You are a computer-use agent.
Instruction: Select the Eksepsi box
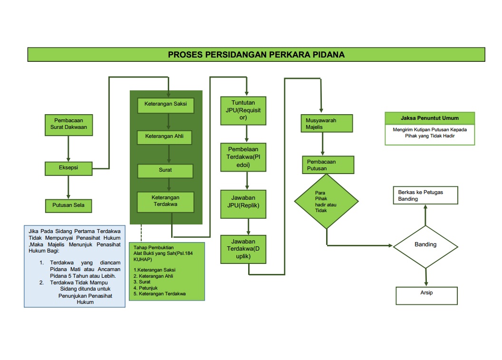[68, 168]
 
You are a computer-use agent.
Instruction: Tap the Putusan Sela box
[68, 205]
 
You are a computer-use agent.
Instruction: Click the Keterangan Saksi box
[166, 106]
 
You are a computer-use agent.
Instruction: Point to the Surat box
[165, 171]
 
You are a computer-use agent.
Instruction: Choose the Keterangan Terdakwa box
[165, 202]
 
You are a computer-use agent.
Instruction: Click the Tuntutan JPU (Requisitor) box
[243, 111]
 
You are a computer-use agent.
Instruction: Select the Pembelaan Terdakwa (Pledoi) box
[243, 156]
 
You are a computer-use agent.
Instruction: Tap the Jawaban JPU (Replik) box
[243, 204]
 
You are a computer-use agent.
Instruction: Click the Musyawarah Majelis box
[327, 124]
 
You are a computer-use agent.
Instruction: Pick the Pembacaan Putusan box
[328, 165]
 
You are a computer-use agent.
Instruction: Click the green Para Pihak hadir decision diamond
[326, 202]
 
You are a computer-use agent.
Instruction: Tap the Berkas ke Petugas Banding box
[425, 195]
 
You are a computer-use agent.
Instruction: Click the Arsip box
[426, 295]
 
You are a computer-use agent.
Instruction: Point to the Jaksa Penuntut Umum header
[430, 118]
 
